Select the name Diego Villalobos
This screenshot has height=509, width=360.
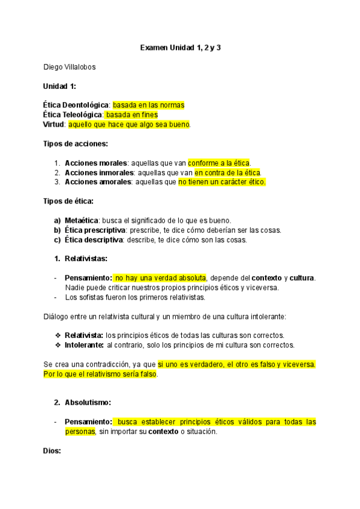[70, 67]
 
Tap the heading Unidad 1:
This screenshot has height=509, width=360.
[59, 86]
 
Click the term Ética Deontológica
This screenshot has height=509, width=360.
[76, 105]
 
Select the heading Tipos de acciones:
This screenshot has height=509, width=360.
[76, 143]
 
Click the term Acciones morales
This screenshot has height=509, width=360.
[95, 163]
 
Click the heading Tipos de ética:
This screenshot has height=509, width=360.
[68, 201]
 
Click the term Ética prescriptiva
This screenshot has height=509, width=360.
[93, 230]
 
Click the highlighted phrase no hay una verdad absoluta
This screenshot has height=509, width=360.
[161, 278]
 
